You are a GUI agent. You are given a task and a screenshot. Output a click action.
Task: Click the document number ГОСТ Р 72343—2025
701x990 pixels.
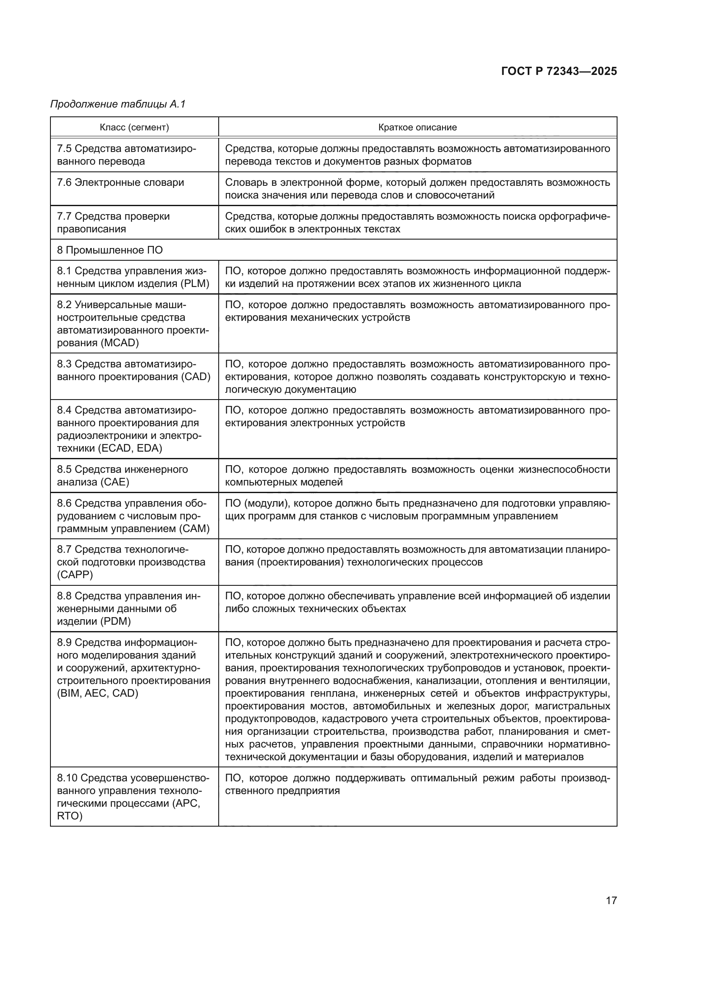(559, 72)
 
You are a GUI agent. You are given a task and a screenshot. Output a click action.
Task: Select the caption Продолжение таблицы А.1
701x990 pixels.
(118, 104)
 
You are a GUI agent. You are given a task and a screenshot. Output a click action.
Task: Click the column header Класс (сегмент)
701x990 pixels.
(134, 127)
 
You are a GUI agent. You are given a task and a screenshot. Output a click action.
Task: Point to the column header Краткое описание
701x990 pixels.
(417, 127)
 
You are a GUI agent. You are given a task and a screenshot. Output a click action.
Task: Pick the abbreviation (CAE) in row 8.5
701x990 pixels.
(115, 482)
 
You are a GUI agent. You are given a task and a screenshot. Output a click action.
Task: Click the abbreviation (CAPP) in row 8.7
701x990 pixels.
(75, 575)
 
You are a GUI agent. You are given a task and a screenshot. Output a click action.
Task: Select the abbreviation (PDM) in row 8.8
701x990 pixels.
(115, 621)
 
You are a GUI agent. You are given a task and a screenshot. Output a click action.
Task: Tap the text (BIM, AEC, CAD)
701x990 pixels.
(97, 693)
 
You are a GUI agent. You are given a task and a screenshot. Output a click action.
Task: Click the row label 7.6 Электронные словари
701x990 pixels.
(120, 182)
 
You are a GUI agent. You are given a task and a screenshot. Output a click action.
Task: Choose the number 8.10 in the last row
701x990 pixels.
(67, 778)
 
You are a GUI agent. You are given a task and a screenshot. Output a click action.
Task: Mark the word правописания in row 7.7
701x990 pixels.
(92, 229)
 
